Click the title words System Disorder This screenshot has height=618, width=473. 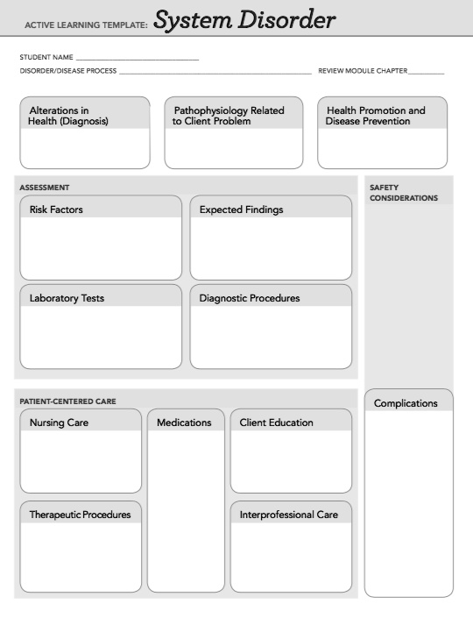pyautogui.click(x=244, y=20)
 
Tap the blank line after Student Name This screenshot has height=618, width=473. pyautogui.click(x=138, y=59)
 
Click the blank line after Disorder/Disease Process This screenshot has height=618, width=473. pyautogui.click(x=215, y=72)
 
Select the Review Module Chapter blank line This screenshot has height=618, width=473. pyautogui.click(x=426, y=72)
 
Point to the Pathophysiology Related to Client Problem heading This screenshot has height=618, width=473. pyautogui.click(x=229, y=116)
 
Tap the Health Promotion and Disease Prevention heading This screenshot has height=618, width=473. pyautogui.click(x=376, y=116)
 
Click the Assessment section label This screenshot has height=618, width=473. pyautogui.click(x=45, y=188)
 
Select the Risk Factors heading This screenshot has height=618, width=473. pyautogui.click(x=56, y=210)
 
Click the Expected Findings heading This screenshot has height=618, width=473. pyautogui.click(x=241, y=210)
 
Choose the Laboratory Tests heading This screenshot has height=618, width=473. pyautogui.click(x=67, y=298)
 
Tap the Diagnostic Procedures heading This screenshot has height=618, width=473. pyautogui.click(x=249, y=298)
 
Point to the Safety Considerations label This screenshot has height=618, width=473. pyautogui.click(x=403, y=193)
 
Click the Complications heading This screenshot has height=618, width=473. pyautogui.click(x=406, y=403)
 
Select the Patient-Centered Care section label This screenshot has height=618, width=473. pyautogui.click(x=67, y=401)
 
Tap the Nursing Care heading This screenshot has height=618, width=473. pyautogui.click(x=59, y=423)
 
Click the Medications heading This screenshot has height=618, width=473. pyautogui.click(x=184, y=423)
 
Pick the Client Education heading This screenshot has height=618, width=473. pyautogui.click(x=276, y=423)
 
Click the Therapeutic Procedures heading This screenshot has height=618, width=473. pyautogui.click(x=80, y=515)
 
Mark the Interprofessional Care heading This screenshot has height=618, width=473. pyautogui.click(x=288, y=515)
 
